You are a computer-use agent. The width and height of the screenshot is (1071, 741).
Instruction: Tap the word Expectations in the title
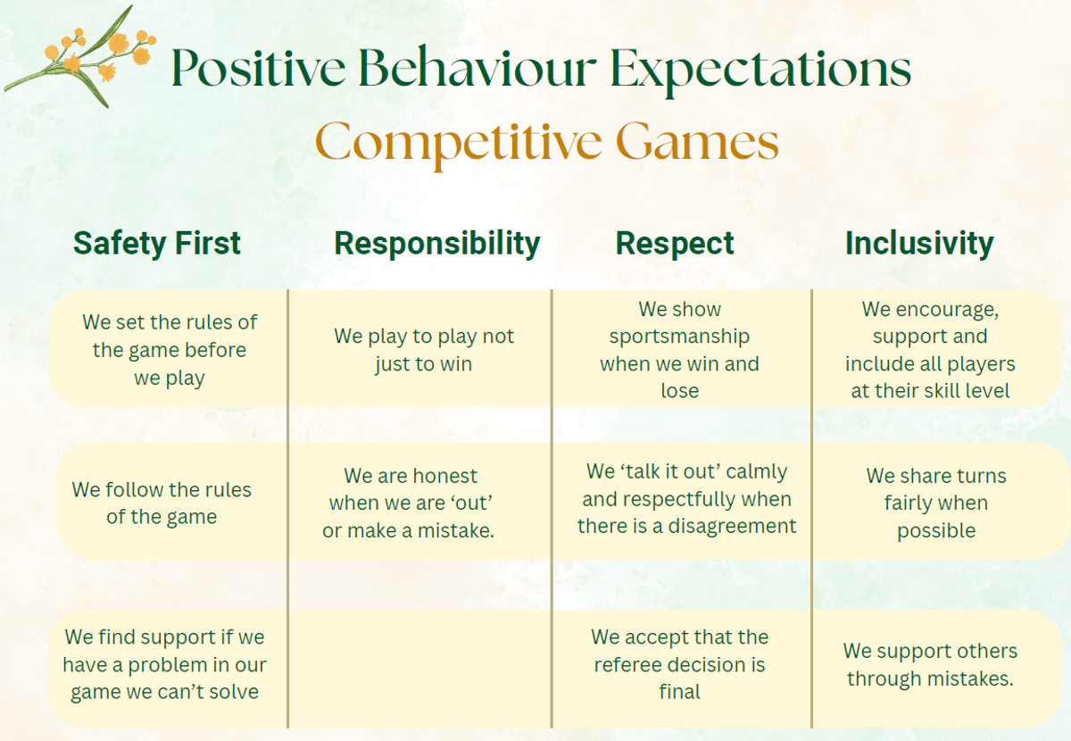point(761,71)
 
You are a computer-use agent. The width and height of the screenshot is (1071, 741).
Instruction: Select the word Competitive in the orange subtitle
point(458,143)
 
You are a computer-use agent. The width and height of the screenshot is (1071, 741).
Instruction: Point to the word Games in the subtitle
point(698,141)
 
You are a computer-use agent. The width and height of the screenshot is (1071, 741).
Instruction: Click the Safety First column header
point(157,244)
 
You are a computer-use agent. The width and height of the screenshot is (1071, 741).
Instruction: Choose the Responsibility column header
point(437,245)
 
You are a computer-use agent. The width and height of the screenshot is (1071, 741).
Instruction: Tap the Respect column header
point(675,245)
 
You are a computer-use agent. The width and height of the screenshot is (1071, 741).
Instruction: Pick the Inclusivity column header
point(919,244)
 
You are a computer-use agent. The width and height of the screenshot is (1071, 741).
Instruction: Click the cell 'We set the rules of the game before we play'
point(170,350)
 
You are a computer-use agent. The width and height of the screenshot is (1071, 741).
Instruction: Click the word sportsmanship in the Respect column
point(679,337)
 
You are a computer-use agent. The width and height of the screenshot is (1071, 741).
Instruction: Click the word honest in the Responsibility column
point(444,476)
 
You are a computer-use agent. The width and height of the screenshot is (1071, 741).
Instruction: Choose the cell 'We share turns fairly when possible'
point(936,503)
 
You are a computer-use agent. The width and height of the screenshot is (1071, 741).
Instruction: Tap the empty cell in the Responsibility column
point(420,669)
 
